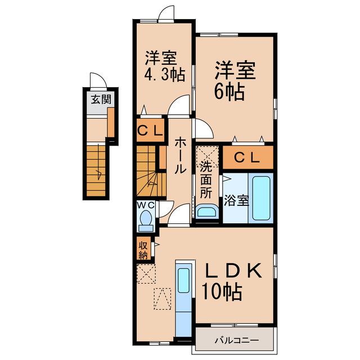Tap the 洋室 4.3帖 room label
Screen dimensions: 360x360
(x=164, y=66)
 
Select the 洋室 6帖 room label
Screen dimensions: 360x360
(x=234, y=82)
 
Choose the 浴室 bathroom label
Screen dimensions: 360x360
(x=236, y=200)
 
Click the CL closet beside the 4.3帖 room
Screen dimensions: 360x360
(x=150, y=132)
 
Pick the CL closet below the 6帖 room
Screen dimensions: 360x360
(x=247, y=158)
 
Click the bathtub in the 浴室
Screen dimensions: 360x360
(x=262, y=200)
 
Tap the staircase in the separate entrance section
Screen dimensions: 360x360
(x=97, y=169)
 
